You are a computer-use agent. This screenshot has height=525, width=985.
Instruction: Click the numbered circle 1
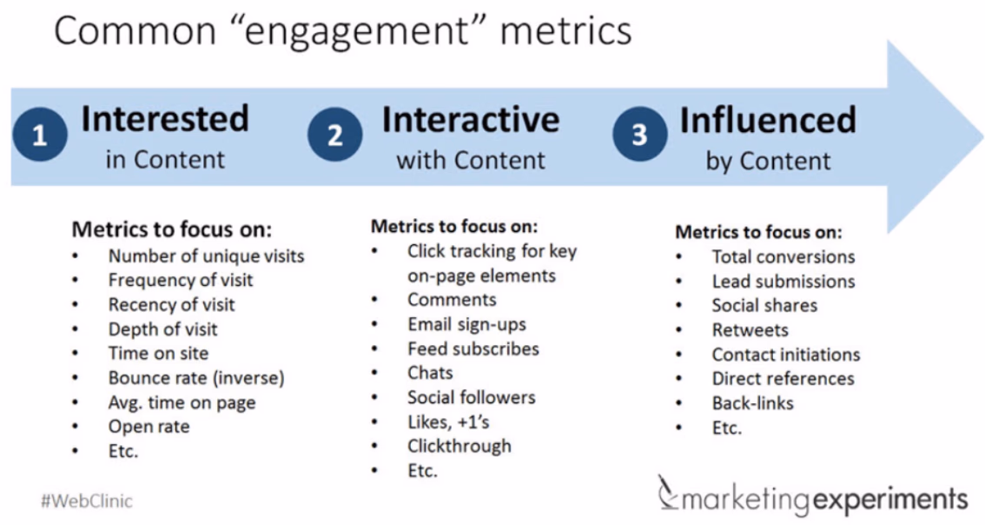(40, 135)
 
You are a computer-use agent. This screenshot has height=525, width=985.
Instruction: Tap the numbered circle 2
(334, 135)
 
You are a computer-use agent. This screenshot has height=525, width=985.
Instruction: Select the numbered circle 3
(639, 133)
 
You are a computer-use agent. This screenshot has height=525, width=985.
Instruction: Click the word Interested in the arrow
(165, 119)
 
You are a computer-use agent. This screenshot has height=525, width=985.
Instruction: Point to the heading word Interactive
(471, 119)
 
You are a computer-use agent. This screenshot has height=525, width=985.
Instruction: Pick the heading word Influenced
(768, 119)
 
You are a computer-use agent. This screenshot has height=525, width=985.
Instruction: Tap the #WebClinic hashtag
(87, 502)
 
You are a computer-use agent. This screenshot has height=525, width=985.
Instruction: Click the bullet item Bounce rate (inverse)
(196, 378)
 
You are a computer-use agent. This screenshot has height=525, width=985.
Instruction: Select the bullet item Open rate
(149, 426)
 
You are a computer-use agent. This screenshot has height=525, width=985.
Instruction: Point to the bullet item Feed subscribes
(473, 349)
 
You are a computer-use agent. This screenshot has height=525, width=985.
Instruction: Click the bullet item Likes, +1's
(448, 422)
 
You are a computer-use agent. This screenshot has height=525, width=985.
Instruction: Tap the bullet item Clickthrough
(459, 446)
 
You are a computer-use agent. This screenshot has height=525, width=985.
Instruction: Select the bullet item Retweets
(750, 330)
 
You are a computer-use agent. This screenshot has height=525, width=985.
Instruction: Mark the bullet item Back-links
(752, 403)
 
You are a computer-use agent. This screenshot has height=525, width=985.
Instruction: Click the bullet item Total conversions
(783, 256)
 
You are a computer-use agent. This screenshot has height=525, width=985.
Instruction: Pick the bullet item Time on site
(158, 354)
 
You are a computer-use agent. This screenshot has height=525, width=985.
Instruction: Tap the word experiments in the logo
(890, 500)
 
